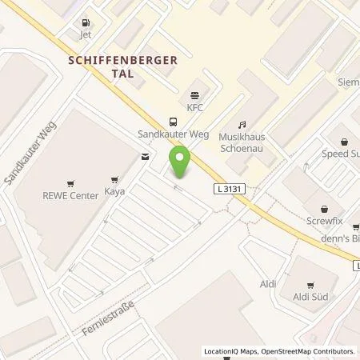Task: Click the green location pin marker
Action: tap(181, 162)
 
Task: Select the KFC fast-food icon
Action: tap(192, 94)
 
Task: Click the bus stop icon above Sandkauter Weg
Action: tap(174, 122)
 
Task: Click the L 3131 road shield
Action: tap(230, 188)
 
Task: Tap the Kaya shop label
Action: tap(114, 192)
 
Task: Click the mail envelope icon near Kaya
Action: tap(145, 157)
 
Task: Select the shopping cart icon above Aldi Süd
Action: tap(310, 284)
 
